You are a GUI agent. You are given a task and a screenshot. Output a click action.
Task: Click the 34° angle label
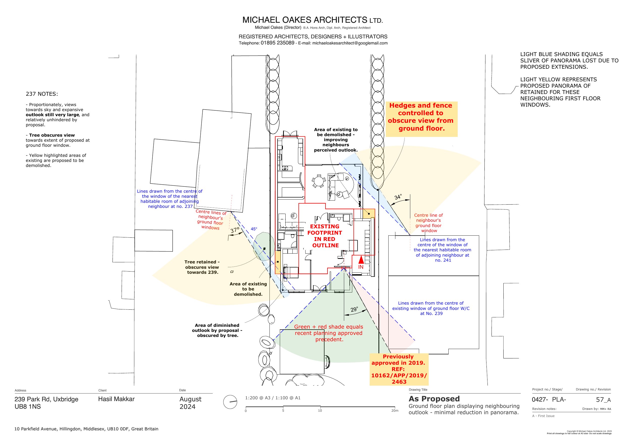click(398, 197)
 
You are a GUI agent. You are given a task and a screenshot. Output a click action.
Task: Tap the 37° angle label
click(235, 230)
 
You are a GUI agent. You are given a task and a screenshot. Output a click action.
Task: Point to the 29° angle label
click(354, 310)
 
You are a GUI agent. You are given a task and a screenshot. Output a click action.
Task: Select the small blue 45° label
click(254, 229)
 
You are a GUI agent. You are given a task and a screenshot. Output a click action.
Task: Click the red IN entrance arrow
click(361, 260)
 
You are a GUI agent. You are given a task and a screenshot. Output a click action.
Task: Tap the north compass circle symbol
click(230, 402)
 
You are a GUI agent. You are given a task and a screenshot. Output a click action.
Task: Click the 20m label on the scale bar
click(395, 410)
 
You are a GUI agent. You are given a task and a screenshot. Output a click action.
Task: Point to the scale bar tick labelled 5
click(283, 410)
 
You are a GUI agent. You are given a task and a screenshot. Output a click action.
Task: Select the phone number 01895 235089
click(278, 43)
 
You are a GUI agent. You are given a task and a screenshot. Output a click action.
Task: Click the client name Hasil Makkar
click(116, 399)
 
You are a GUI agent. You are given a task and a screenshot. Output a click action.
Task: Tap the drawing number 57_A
click(603, 400)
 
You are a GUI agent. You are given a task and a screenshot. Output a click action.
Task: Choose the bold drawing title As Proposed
click(434, 399)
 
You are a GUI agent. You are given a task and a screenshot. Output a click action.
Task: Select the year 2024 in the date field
click(187, 407)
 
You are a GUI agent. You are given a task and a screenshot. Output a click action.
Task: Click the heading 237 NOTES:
click(42, 94)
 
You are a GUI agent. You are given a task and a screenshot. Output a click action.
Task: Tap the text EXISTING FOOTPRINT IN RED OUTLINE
click(324, 236)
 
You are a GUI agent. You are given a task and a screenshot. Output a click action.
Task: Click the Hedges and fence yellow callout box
click(421, 119)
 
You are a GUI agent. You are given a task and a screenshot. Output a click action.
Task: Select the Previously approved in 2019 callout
click(399, 369)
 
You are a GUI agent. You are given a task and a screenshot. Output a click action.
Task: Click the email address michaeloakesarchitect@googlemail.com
click(350, 43)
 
